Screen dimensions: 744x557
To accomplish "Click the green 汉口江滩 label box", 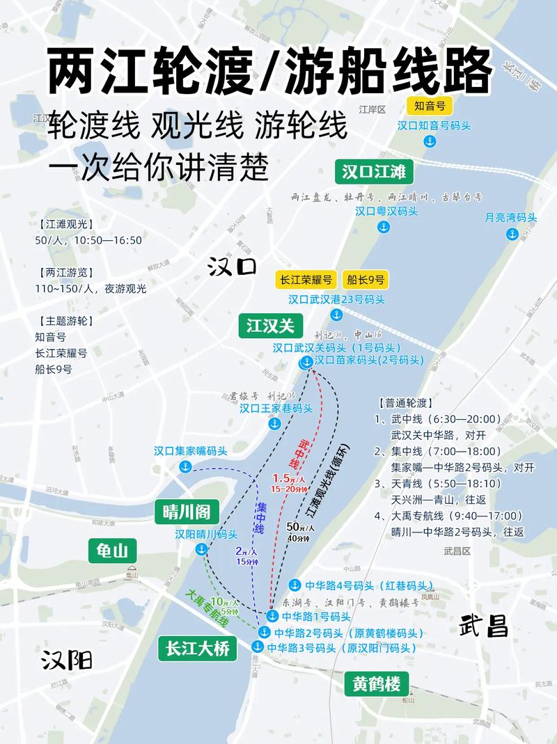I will point(374,171).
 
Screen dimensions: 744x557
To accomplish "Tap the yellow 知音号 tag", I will point(430,106).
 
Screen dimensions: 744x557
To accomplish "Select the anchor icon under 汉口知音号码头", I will point(430,142).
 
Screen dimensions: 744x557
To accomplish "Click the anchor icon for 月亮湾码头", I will point(512,233).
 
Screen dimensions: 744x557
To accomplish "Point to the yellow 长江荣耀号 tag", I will point(306,280).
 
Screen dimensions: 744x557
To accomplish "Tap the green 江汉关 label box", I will point(270,324).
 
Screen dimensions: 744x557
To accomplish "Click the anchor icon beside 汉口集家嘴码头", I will point(185,466).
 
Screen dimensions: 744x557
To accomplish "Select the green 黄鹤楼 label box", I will point(376,683).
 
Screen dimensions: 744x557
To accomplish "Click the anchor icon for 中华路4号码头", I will point(295,585).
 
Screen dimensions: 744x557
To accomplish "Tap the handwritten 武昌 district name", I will point(483,626).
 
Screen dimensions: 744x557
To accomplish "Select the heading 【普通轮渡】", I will point(406,403).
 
